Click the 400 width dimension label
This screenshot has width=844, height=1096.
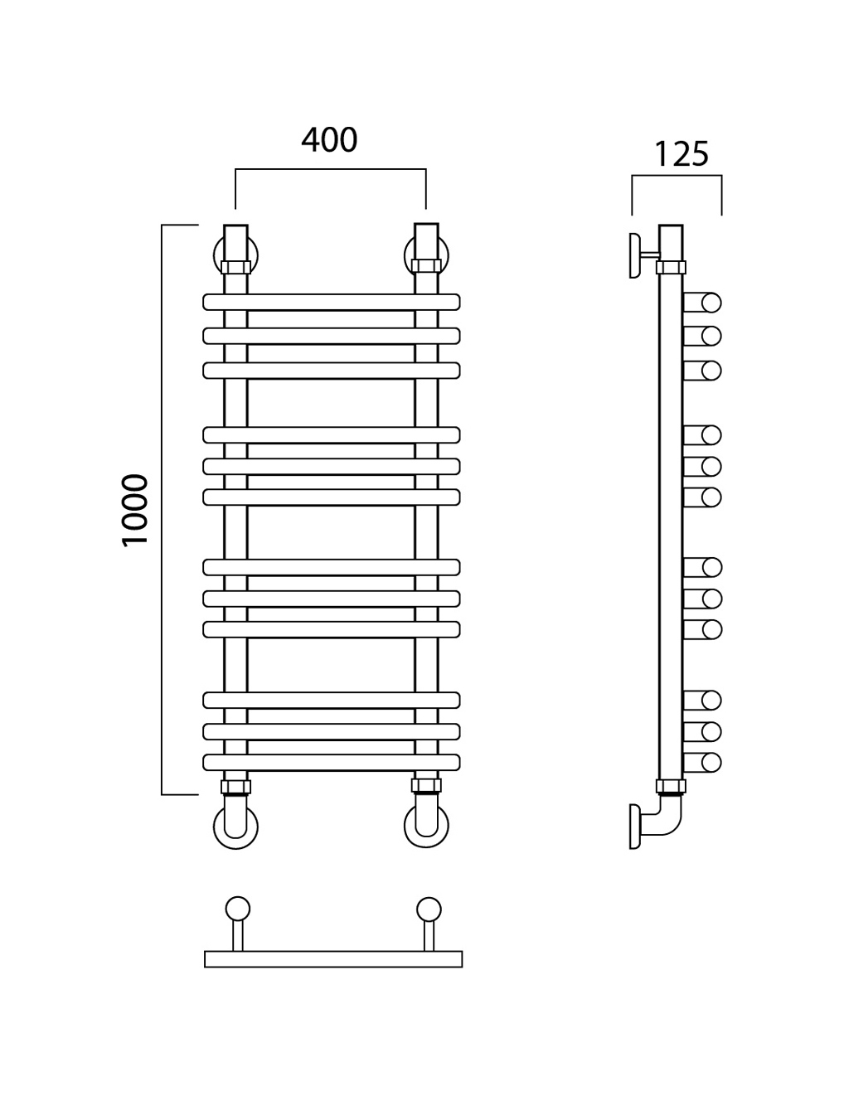tap(329, 140)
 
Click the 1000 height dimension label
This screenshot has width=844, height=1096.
tap(135, 510)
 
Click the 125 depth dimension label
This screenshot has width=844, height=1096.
tap(682, 154)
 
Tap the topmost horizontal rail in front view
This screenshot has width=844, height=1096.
tap(332, 302)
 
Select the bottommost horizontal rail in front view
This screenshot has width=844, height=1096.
tap(332, 763)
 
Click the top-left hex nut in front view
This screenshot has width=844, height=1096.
tap(236, 267)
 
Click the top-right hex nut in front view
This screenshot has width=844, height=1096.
tap(426, 266)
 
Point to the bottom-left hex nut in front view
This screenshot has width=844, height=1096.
tap(236, 787)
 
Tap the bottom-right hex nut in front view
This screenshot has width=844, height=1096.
tap(426, 785)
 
